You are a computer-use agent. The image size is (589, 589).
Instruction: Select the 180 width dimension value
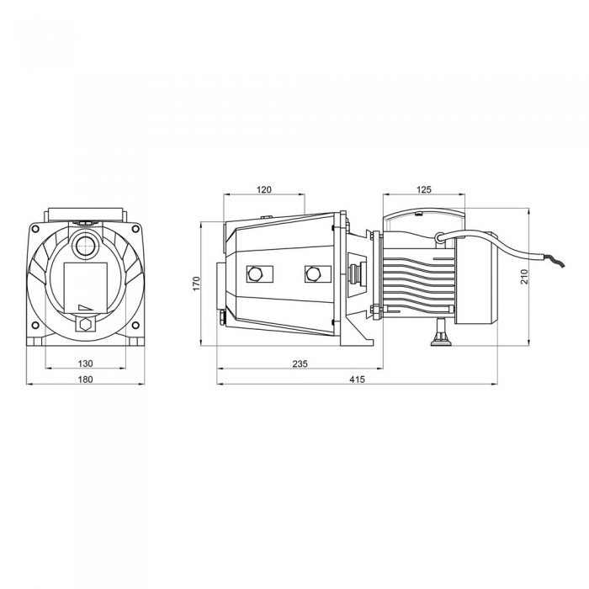tap(85, 380)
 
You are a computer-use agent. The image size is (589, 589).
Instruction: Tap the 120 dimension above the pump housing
tap(263, 190)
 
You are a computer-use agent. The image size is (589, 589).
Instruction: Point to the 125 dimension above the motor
tap(423, 190)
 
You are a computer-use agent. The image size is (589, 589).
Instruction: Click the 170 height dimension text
tap(196, 283)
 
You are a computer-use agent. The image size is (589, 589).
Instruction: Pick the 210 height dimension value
tap(523, 276)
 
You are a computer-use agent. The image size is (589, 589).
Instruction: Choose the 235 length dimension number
tap(300, 363)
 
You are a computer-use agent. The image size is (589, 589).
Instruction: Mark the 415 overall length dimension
tap(357, 380)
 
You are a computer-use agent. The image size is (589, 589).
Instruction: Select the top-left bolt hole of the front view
tap(35, 228)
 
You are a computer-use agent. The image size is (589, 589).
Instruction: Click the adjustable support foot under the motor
tap(438, 339)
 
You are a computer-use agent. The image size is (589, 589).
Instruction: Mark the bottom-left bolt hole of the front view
tap(35, 324)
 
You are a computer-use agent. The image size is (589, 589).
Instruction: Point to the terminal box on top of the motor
tap(423, 220)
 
